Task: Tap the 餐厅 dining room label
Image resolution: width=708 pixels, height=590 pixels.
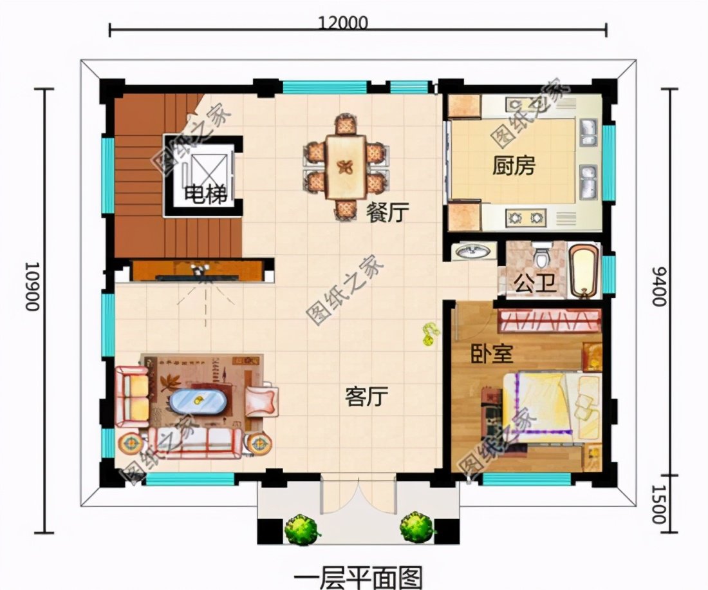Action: [387, 213]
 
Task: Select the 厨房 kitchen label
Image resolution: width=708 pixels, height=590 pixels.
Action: [514, 166]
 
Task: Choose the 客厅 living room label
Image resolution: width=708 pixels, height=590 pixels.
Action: [366, 397]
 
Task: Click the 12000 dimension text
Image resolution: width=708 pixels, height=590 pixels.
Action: [343, 23]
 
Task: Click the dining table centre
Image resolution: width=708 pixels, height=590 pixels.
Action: [346, 167]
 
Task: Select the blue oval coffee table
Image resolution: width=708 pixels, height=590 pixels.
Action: [198, 403]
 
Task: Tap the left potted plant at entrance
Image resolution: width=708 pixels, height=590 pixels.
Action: [302, 529]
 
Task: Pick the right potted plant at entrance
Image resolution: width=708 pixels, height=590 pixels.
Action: [416, 527]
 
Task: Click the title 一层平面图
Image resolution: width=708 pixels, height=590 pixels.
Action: [357, 575]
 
